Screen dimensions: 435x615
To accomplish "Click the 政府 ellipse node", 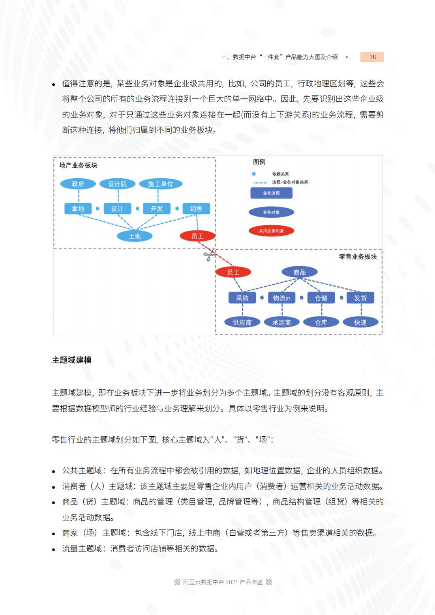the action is [78, 184].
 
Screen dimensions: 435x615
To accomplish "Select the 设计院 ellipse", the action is [117, 184].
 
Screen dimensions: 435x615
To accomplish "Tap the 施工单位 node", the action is [161, 184].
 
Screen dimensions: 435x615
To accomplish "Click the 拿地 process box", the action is [78, 209].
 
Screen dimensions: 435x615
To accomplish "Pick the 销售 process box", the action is [196, 209].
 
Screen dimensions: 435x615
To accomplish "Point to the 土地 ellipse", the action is [135, 236].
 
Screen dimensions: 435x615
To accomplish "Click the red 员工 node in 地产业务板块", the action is [197, 236].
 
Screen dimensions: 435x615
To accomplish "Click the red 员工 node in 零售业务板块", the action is [233, 272].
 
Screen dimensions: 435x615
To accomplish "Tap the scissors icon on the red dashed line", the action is [209, 256].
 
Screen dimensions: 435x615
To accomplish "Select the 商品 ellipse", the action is [300, 272].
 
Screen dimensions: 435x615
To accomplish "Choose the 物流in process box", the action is [282, 298].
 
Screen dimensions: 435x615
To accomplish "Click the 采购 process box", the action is [242, 298].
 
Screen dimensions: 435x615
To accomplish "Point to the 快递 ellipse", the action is [360, 322].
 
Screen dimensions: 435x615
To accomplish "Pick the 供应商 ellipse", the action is [242, 322].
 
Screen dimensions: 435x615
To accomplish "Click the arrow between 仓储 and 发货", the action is [341, 298].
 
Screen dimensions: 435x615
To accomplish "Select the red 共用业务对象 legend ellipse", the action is [272, 231].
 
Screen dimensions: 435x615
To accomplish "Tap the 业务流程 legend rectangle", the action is [272, 193].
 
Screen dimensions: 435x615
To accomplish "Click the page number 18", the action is [372, 57].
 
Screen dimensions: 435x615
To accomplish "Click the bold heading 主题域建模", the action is [72, 360].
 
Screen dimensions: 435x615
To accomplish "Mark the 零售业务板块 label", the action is [358, 257].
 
